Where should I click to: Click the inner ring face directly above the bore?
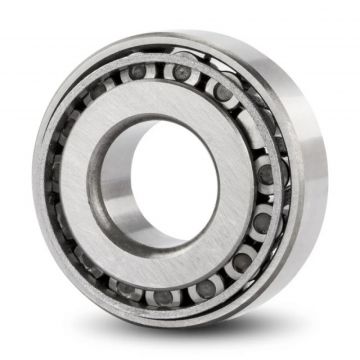click(x=160, y=100)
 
